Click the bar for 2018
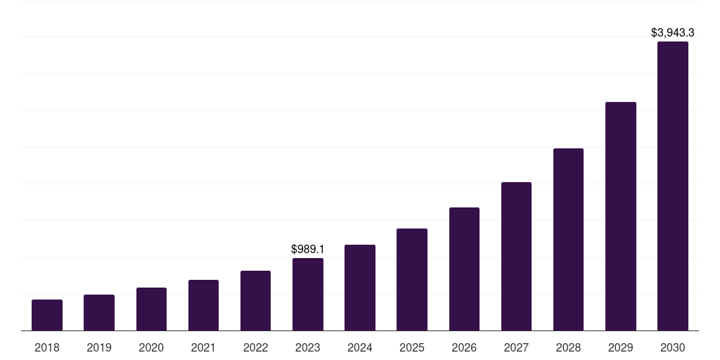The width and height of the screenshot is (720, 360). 47,315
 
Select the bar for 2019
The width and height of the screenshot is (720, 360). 99,312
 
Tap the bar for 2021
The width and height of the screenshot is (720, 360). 203,305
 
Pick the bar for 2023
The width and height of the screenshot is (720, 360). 308,294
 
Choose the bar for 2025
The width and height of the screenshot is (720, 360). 412,279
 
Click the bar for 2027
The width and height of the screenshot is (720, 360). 516,256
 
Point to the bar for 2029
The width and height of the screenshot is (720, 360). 621,216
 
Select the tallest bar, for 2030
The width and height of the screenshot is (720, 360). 673,186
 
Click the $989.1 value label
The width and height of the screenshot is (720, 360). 308,249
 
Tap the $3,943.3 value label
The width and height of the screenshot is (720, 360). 673,32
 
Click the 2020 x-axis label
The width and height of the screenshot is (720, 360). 151,347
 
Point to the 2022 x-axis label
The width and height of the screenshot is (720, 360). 255,347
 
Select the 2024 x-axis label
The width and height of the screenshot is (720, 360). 360,347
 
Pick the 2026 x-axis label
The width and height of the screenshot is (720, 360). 464,347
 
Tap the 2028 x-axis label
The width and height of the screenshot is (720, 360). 568,347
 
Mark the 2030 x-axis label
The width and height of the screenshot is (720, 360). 673,347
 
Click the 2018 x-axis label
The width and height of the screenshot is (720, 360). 47,347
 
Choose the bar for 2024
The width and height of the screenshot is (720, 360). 360,288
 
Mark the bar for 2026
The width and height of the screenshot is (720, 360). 464,269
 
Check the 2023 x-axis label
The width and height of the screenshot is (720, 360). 308,347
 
